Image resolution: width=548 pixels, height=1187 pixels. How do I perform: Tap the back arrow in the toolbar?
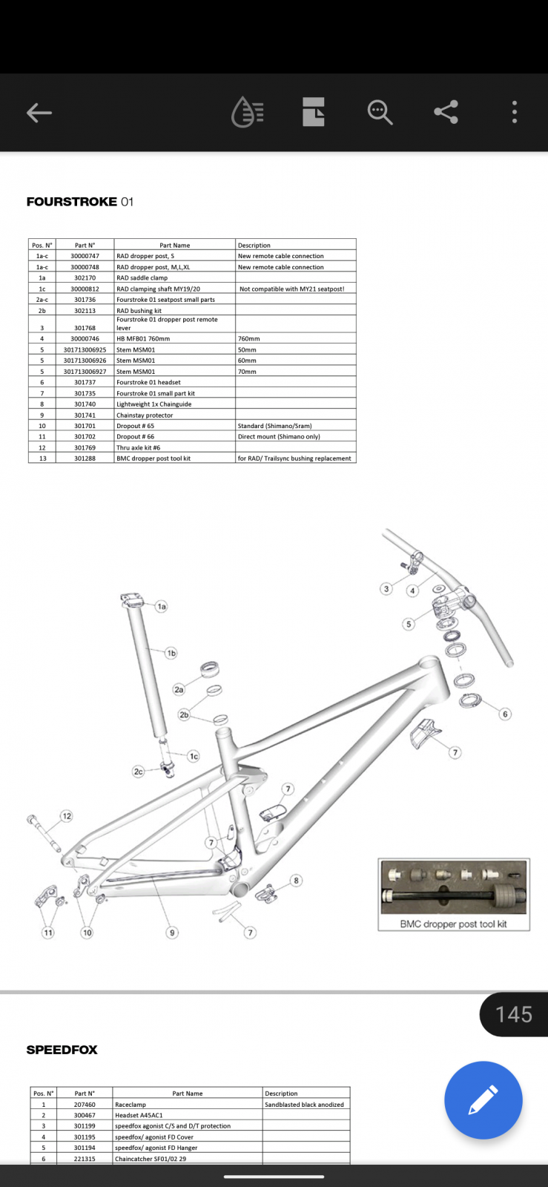point(39,112)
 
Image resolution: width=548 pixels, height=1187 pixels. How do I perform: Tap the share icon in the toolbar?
point(446,112)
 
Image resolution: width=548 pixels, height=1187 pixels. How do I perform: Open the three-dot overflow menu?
point(514,112)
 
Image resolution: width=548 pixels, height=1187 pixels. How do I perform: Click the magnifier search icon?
point(380,112)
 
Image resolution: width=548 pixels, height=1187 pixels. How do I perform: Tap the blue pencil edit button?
point(483,1099)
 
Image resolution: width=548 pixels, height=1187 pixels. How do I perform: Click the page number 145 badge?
point(514,1014)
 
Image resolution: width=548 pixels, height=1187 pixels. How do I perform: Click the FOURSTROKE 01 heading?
point(80,202)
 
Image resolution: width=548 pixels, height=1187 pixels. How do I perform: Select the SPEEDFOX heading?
point(62,1050)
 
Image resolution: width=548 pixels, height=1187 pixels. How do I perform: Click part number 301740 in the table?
point(85,404)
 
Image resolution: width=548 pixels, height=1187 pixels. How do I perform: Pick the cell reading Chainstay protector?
point(145,415)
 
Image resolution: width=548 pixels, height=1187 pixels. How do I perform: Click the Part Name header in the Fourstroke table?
point(175,246)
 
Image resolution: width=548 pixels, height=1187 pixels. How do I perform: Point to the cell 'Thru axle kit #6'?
point(138,448)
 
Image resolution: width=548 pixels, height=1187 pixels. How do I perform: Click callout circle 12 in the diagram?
point(67,816)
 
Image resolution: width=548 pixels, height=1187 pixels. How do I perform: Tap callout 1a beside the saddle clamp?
point(162,606)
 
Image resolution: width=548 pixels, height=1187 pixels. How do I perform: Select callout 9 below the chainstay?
point(171,933)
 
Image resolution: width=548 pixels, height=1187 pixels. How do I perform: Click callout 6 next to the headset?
point(505,714)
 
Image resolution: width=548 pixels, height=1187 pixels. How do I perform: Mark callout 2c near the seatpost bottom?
point(138,772)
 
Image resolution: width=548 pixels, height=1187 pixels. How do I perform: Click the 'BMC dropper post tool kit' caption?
point(453,924)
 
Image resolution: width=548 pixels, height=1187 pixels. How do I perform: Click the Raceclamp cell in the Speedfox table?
point(131,1105)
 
